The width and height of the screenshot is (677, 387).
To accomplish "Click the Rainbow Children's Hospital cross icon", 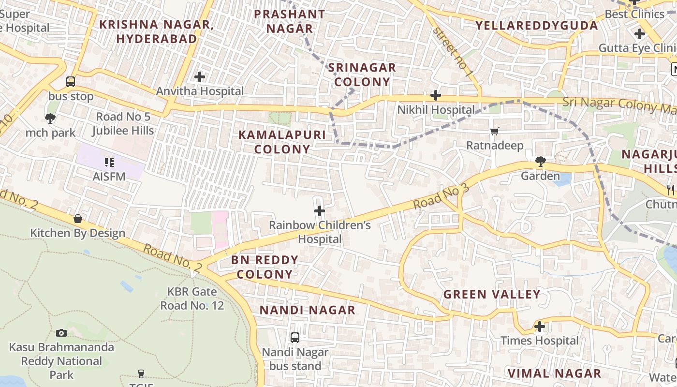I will (320, 211).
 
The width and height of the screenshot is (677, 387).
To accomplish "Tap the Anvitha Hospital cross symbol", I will (200, 77).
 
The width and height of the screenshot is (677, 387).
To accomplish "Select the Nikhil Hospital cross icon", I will (436, 95).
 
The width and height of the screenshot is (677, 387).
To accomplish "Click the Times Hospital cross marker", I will (540, 327).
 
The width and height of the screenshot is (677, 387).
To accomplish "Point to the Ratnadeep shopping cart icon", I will (494, 132).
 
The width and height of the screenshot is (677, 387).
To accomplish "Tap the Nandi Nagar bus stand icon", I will (295, 338).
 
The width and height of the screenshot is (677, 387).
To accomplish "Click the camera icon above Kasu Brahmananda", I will (61, 333).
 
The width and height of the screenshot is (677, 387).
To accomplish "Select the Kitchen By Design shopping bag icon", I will (78, 219).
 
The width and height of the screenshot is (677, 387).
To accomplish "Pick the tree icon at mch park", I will (50, 119).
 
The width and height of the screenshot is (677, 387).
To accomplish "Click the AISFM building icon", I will (109, 163).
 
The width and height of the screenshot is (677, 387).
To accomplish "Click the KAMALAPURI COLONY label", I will (282, 142).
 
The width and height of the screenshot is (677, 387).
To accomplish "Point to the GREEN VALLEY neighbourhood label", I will (492, 294).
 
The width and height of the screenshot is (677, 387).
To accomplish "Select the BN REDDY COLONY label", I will (265, 267).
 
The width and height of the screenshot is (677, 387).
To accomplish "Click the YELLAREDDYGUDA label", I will (537, 25).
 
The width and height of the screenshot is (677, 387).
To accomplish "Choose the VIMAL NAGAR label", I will (554, 373).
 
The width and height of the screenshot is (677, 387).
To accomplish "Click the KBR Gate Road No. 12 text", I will (192, 298).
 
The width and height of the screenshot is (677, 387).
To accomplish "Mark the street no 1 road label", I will (454, 52).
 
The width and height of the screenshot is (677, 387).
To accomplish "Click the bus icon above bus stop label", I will (71, 82).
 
